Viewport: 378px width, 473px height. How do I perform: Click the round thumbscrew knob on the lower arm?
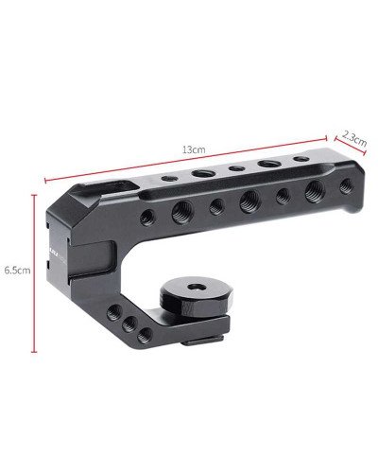click(x=199, y=298)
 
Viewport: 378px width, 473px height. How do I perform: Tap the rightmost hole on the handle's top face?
click(x=300, y=159)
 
